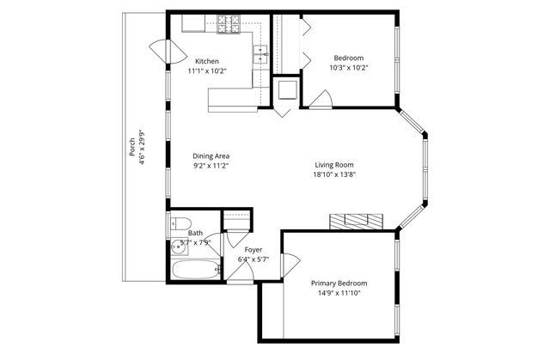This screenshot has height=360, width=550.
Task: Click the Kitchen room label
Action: [207, 61]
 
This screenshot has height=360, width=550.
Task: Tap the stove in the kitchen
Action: [229, 24]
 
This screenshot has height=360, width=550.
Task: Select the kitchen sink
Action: [260, 54]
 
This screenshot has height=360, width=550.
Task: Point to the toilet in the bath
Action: [180, 223]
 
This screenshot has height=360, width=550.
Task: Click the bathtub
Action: [195, 269]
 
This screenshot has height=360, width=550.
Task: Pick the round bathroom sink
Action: [180, 247]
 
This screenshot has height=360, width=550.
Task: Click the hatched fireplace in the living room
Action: [357, 222]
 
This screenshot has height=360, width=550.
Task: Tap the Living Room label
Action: [334, 165]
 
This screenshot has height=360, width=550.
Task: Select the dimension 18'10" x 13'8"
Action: [334, 174]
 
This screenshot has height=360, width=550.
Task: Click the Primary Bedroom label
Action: [339, 284]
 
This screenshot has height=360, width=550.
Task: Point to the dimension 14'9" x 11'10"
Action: [339, 293]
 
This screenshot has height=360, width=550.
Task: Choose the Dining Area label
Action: [211, 156]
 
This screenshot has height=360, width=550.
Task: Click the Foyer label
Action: [254, 250]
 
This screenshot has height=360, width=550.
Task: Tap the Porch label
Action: [131, 147]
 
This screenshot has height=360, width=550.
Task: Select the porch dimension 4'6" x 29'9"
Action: [142, 147]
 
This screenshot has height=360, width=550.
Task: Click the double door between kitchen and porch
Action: [168, 52]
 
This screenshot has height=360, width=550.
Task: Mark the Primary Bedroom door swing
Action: [290, 265]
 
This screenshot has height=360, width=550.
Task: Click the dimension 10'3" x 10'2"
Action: [348, 68]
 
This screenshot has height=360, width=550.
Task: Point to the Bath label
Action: [195, 233]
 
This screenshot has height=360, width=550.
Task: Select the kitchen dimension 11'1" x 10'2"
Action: [207, 71]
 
